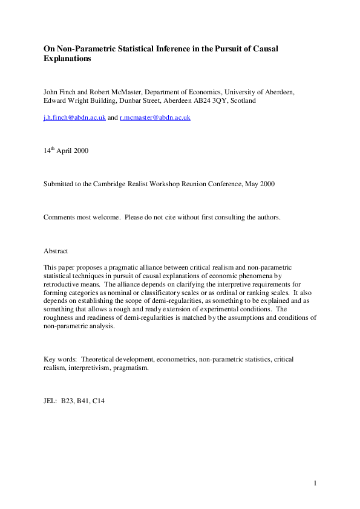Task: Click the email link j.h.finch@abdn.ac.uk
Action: tap(74, 117)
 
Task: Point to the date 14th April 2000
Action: tap(66, 151)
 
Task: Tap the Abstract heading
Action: tap(56, 250)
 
